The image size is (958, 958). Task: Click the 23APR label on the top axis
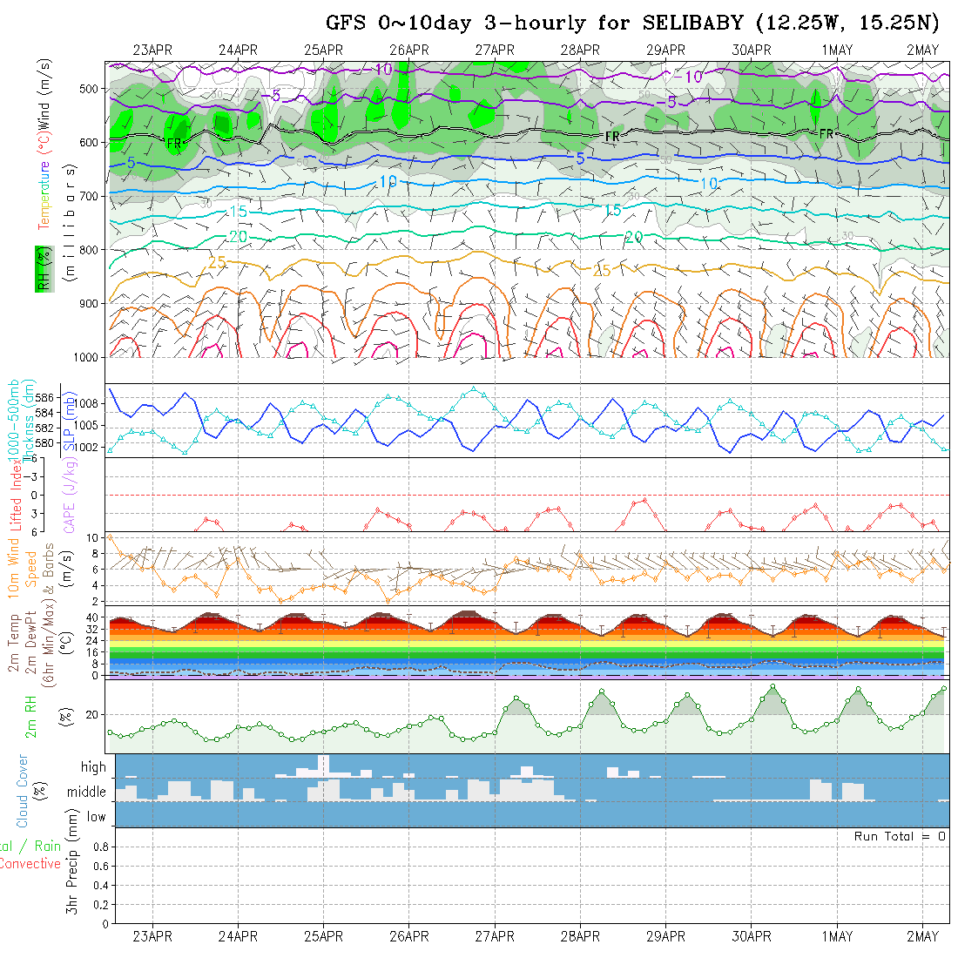[152, 50]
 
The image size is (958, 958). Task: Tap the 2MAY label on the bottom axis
[922, 937]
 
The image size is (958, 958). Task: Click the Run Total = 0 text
[900, 836]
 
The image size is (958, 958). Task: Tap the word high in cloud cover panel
[93, 767]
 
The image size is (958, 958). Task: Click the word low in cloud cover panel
[96, 817]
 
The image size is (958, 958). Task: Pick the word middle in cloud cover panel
[87, 793]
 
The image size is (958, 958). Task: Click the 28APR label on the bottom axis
[580, 937]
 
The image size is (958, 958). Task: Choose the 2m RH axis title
[30, 716]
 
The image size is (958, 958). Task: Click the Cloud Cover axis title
[23, 791]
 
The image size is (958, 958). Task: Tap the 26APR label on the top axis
[409, 50]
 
